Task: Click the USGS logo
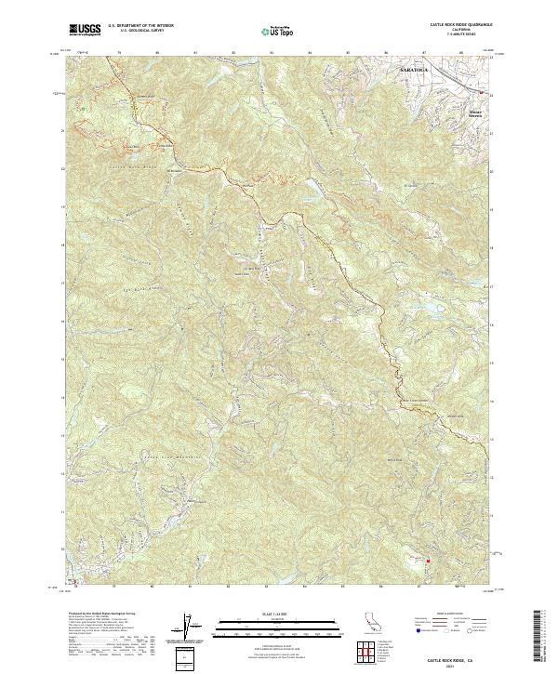(x=84, y=31)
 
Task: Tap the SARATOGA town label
(x=418, y=71)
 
